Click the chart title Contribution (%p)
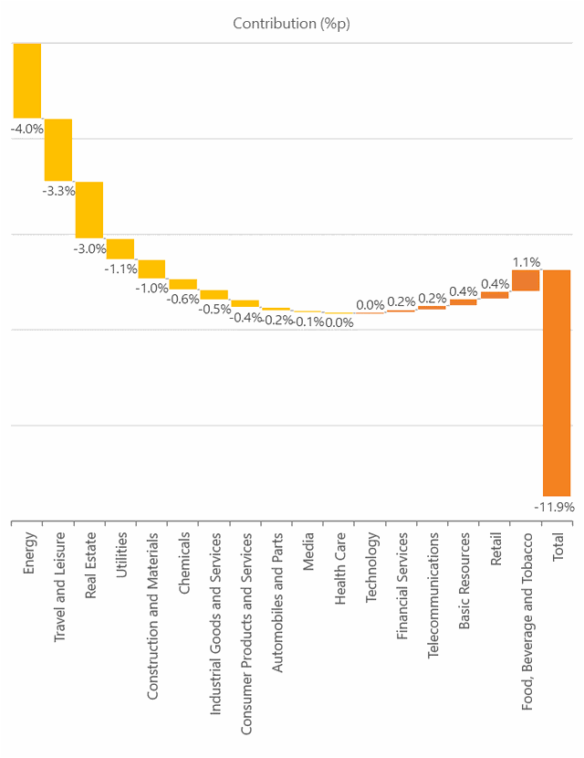291,24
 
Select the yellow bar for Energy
27,80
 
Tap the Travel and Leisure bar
58,150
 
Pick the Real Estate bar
89,209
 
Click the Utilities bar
120,248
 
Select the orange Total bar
557,383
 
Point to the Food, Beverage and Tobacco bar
526,280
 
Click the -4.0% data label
27,129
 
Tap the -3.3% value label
58,192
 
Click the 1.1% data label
527,261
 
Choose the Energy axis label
29,553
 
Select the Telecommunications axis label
433,584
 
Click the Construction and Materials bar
151,268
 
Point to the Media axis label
308,551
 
